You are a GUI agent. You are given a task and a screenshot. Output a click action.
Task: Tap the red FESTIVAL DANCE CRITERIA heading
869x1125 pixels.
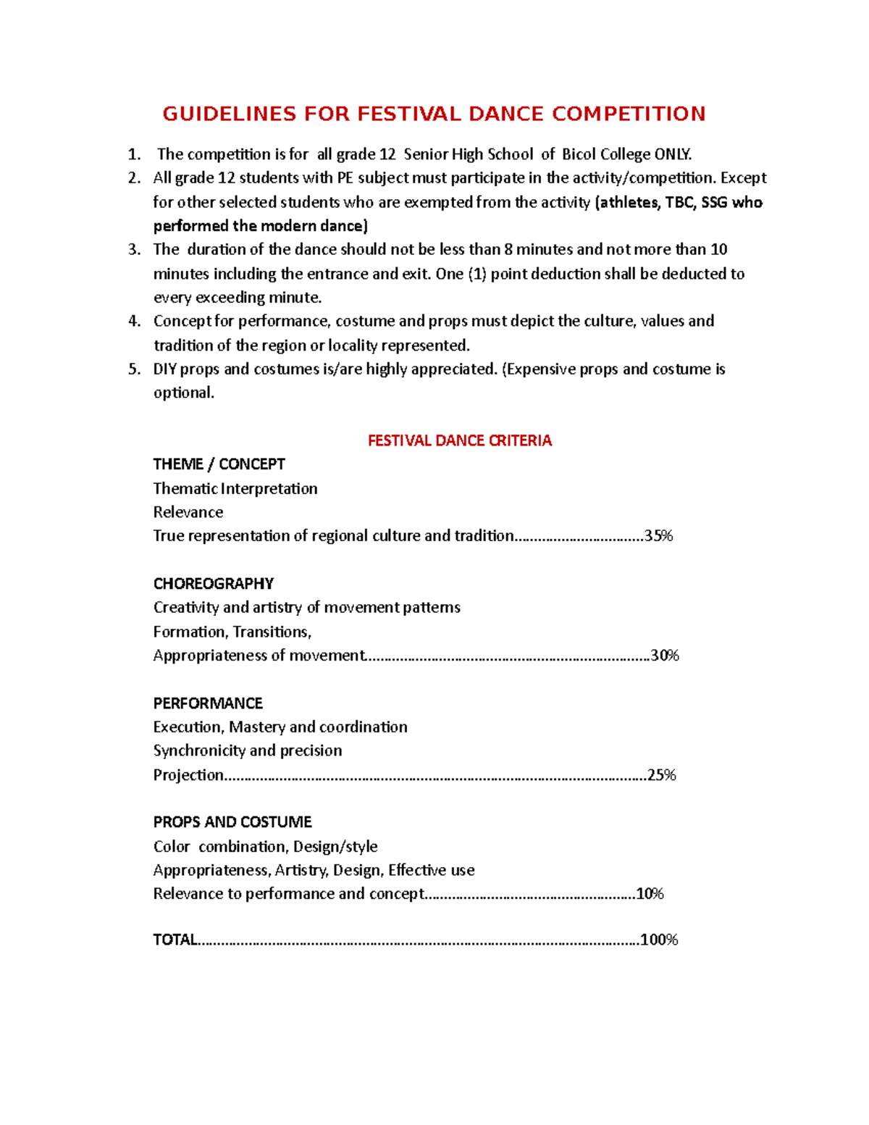[x=459, y=440]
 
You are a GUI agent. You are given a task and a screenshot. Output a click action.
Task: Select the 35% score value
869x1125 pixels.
[x=659, y=536]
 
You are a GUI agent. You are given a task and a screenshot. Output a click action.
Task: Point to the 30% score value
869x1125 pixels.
[x=665, y=656]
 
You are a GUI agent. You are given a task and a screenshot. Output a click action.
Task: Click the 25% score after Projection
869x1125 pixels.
[x=661, y=775]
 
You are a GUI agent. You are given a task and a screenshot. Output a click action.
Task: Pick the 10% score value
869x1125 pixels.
[x=650, y=894]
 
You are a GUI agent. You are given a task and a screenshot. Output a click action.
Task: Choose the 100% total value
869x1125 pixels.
[x=659, y=940]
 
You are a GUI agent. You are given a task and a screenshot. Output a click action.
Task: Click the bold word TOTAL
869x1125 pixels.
[x=175, y=940]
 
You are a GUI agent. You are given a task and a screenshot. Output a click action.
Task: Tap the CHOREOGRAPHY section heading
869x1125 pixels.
[x=213, y=584]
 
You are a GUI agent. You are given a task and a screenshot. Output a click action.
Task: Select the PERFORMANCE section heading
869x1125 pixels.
[x=208, y=703]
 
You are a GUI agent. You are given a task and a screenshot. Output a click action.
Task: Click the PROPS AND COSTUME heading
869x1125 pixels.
[x=232, y=822]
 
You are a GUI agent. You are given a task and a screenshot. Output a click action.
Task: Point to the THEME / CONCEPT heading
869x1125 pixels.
[x=219, y=464]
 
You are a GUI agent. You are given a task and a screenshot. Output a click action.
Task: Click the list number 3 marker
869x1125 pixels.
[x=134, y=250]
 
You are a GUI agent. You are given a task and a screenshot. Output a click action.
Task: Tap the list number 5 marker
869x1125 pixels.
[x=134, y=369]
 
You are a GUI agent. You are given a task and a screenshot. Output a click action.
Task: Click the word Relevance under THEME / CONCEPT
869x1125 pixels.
[x=188, y=512]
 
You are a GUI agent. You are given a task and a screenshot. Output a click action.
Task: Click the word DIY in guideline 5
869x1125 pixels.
[x=164, y=369]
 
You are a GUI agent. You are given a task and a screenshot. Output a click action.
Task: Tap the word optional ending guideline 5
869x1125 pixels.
[x=183, y=393]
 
